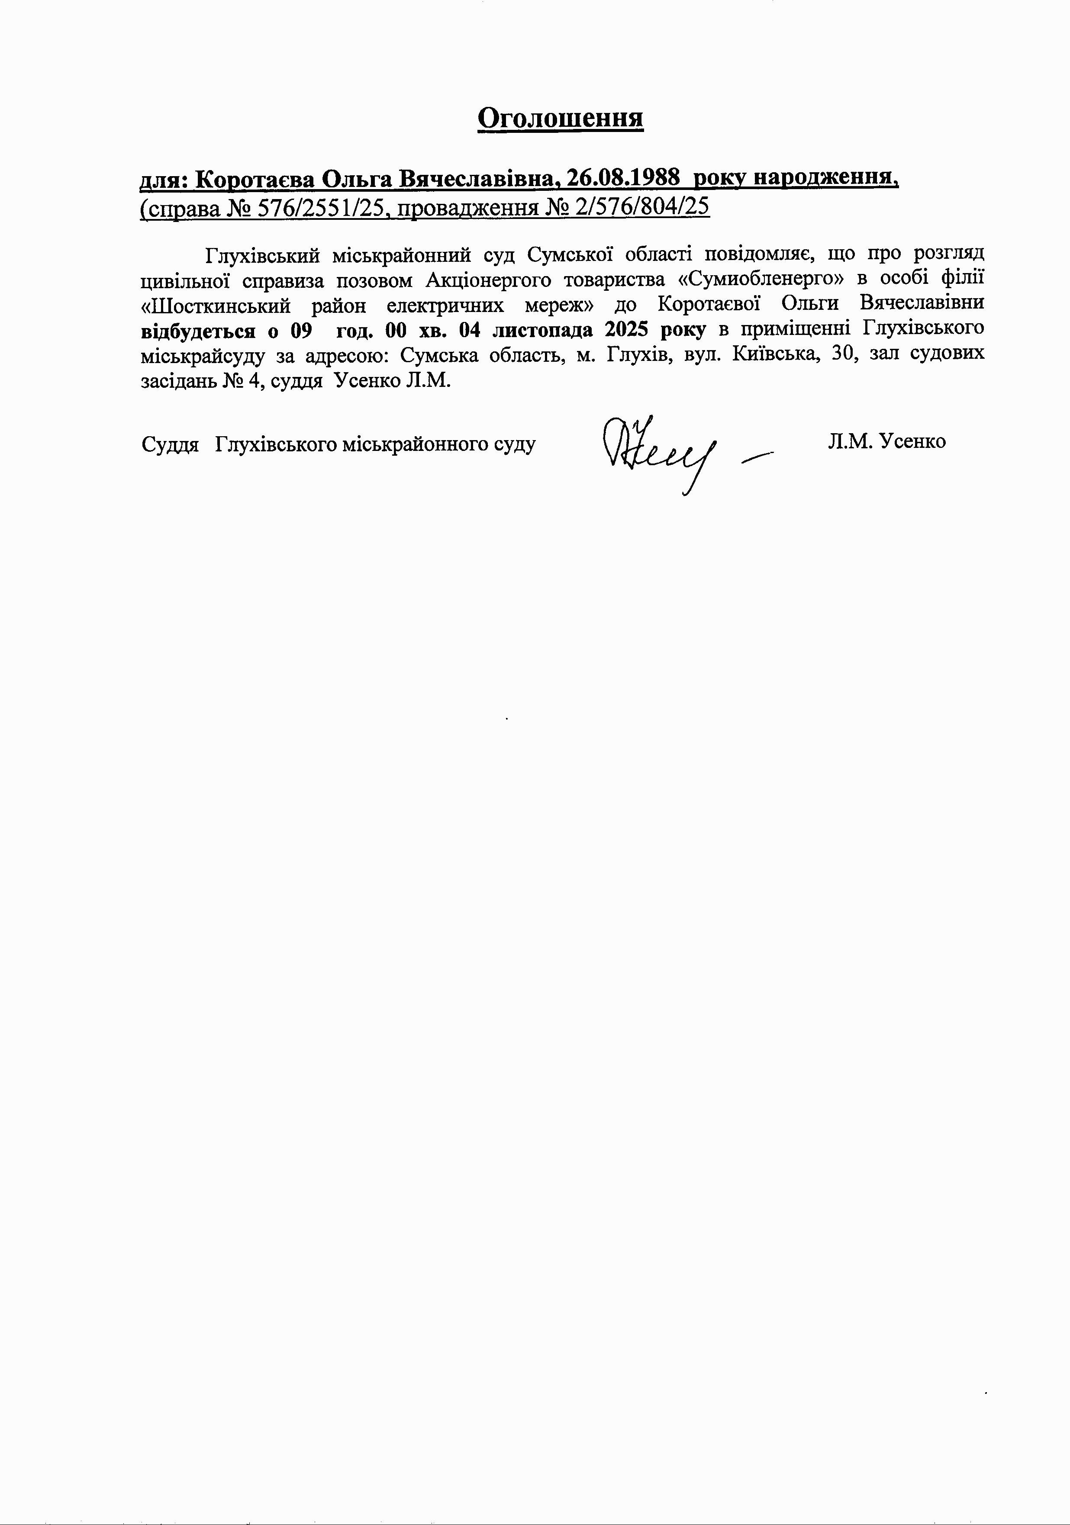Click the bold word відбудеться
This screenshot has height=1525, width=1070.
pos(198,330)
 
